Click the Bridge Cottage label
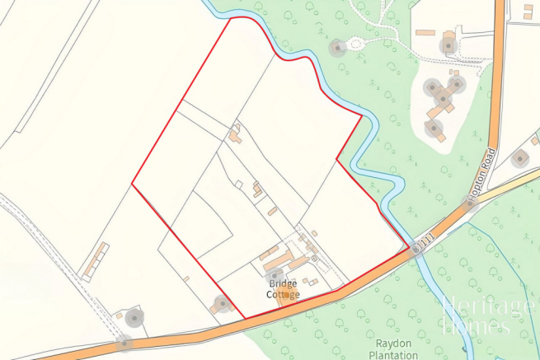pyautogui.click(x=283, y=288)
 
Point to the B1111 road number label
pyautogui.click(x=422, y=241)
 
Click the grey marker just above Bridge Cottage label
pyautogui.click(x=276, y=274)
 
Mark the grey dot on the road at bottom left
pyautogui.click(x=124, y=342)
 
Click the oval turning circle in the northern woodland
pyautogui.click(x=356, y=44)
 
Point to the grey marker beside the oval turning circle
pyautogui.click(x=336, y=48)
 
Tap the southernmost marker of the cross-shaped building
pyautogui.click(x=434, y=129)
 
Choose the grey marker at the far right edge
pyautogui.click(x=519, y=158)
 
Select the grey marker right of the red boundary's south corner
pyautogui.click(x=221, y=304)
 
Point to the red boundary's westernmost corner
pyautogui.click(x=132, y=185)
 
